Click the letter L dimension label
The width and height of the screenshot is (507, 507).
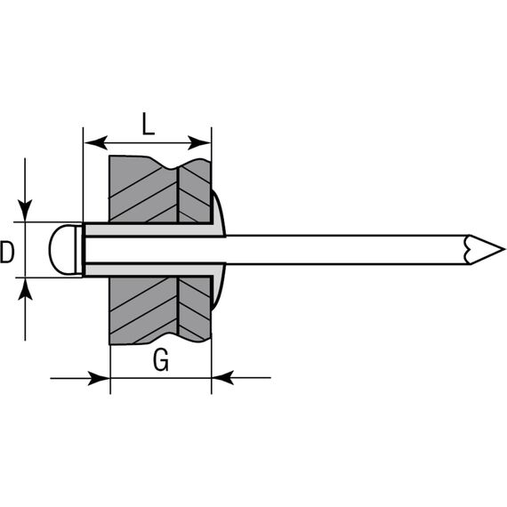pos(149,125)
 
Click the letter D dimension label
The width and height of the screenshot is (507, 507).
pos(7,252)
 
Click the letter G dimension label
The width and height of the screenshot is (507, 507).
pos(161,360)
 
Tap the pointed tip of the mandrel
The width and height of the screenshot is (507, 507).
pos(503,249)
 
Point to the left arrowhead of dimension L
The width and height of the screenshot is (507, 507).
pos(96,142)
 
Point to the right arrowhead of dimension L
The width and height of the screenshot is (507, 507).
pos(199,142)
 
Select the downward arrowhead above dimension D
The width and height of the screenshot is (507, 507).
pos(25,211)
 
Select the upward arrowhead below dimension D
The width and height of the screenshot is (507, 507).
pos(25,289)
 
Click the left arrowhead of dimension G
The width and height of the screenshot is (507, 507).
pos(99,378)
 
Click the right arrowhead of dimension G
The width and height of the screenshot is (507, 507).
pos(222,378)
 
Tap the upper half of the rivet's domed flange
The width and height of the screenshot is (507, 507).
pos(218,213)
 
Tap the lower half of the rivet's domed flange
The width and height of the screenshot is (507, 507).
pos(218,286)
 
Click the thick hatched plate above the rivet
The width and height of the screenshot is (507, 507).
pos(143,189)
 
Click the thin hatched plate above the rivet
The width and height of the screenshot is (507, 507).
pos(195,190)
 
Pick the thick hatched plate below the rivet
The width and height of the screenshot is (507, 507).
pos(143,310)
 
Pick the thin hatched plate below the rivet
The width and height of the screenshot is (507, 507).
pos(195,310)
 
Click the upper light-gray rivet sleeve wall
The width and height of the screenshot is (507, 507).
pos(149,229)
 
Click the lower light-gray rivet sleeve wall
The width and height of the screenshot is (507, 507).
pos(149,270)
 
